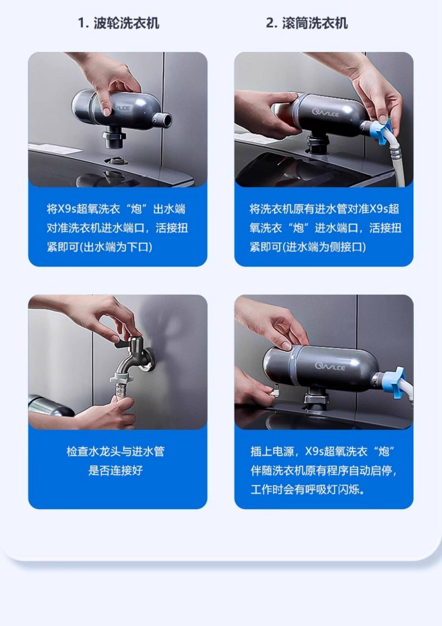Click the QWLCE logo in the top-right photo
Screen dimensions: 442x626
[x=325, y=113]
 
